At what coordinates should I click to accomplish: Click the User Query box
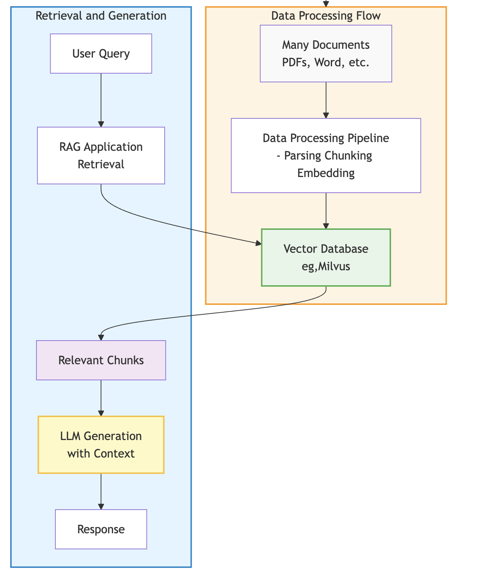coord(101,54)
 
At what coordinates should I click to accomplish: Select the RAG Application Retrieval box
coord(101,156)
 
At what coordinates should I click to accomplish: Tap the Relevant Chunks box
coord(101,360)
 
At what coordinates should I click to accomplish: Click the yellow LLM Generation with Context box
coord(101,445)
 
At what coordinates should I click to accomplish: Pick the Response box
coord(101,529)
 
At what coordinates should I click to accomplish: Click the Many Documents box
coord(326,54)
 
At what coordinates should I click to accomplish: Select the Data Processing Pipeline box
coord(326,156)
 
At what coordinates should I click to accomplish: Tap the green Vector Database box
coord(326,258)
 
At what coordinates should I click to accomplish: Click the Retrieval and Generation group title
coord(101,16)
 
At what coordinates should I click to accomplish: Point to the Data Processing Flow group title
coord(326,16)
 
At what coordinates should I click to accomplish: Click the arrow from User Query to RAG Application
coord(101,100)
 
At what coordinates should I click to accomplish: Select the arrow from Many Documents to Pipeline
coord(326,100)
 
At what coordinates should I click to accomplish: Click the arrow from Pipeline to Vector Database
coord(326,211)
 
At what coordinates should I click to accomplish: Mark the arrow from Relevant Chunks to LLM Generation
coord(101,398)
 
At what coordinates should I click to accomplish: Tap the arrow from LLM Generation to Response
coord(101,491)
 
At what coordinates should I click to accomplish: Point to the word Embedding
coord(326,173)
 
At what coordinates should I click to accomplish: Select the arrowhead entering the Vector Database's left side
coord(259,243)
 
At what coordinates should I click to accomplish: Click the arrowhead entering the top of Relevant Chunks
coord(101,338)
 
